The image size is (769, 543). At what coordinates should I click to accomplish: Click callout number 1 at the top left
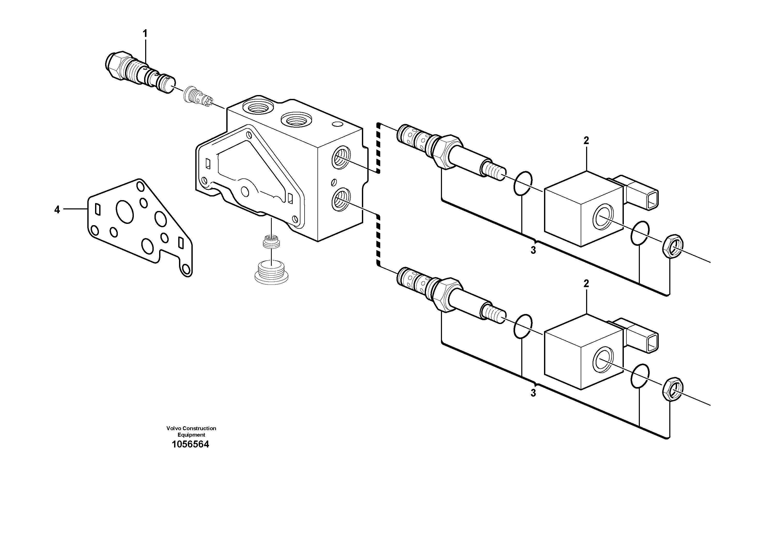[145, 34]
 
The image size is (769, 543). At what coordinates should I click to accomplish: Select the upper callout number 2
[586, 141]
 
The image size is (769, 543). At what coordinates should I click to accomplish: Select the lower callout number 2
[586, 284]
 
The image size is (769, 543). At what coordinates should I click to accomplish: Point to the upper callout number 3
[533, 250]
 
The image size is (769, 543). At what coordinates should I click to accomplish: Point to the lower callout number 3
[533, 393]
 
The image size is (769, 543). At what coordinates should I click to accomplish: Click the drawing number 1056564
[190, 444]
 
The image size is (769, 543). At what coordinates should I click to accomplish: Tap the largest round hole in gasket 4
[125, 211]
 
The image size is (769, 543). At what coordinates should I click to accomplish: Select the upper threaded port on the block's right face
[341, 157]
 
